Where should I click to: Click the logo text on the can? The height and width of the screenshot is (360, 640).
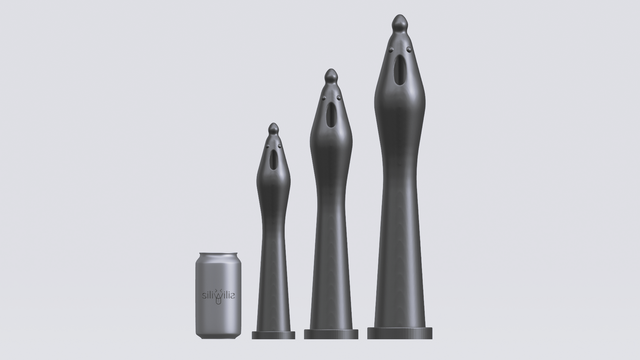[218, 295]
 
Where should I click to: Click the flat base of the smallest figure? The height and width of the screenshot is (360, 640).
[273, 335]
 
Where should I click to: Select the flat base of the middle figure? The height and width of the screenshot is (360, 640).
[331, 334]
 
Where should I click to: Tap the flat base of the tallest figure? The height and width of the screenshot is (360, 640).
[400, 333]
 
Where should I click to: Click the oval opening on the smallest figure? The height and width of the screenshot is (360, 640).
[273, 160]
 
